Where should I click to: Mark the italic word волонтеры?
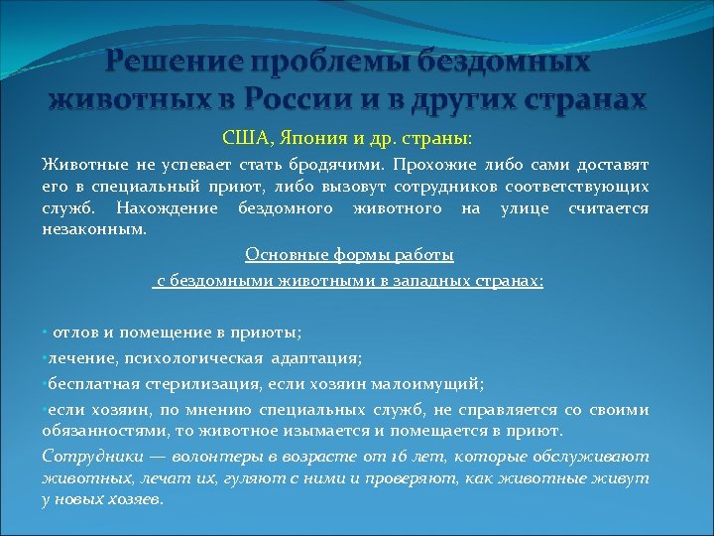pos(212,457)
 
